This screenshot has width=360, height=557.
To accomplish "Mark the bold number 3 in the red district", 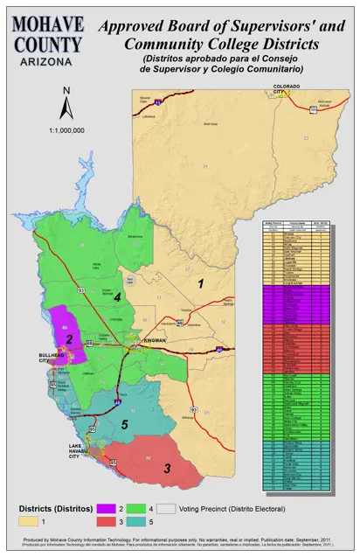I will (167, 469).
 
